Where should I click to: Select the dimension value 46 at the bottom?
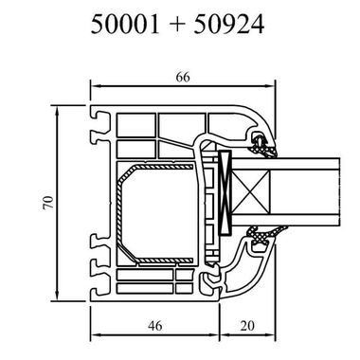pyautogui.click(x=154, y=325)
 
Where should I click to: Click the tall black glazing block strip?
pyautogui.click(x=225, y=193)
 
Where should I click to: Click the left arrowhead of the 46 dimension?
pyautogui.click(x=94, y=335)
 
